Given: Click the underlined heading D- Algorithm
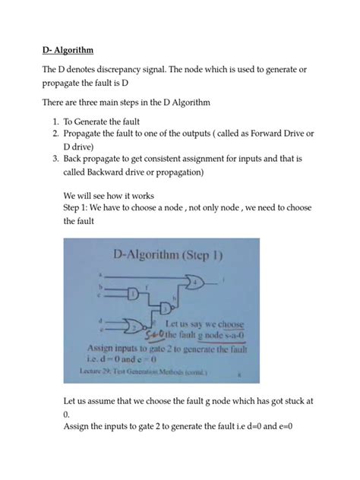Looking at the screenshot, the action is click(x=67, y=51).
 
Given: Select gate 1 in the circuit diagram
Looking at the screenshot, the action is click(x=134, y=293).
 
